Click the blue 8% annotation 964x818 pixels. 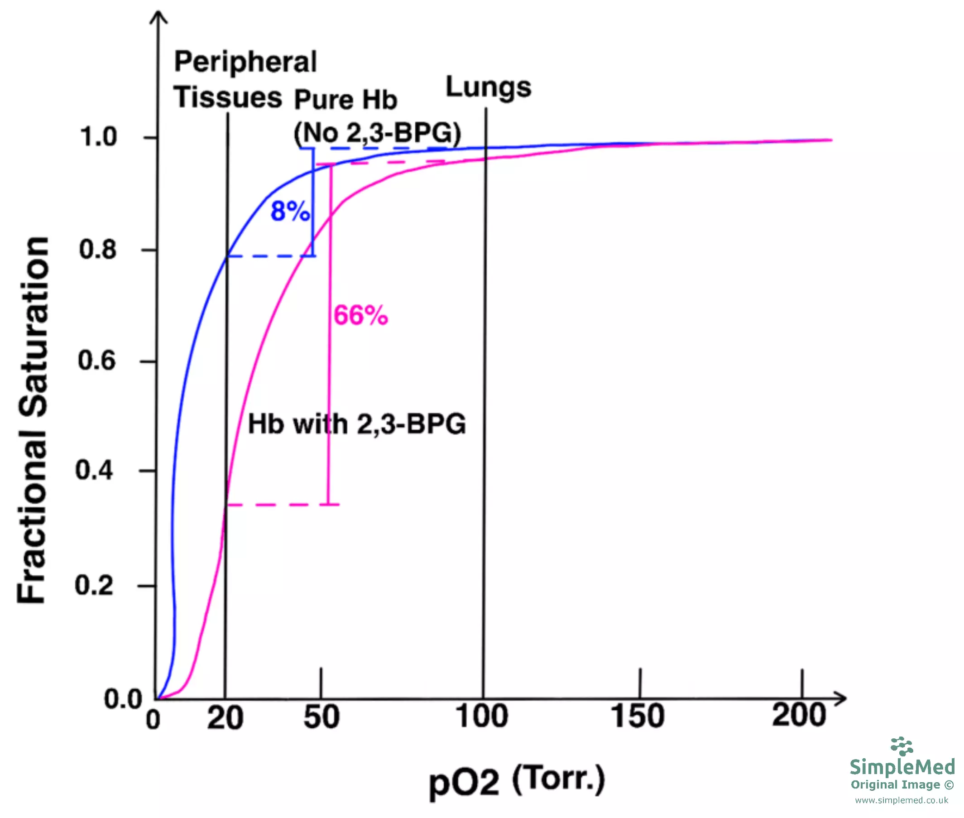pyautogui.click(x=290, y=212)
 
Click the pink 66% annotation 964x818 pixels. pyautogui.click(x=360, y=315)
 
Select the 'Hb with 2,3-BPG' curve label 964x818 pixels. pyautogui.click(x=357, y=424)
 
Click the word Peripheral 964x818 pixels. pyautogui.click(x=245, y=62)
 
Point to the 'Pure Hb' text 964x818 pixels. pyautogui.click(x=346, y=99)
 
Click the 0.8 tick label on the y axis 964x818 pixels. pyautogui.click(x=98, y=250)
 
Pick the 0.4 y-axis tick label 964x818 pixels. pyautogui.click(x=94, y=470)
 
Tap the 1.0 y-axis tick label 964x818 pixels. pyautogui.click(x=99, y=137)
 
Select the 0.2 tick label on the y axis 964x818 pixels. pyautogui.click(x=94, y=585)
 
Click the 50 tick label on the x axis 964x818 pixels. pyautogui.click(x=321, y=717)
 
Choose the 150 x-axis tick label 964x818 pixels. pyautogui.click(x=638, y=716)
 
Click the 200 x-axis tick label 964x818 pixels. pyautogui.click(x=799, y=715)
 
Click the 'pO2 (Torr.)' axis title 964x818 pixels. pyautogui.click(x=517, y=780)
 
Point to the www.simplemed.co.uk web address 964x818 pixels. pyautogui.click(x=902, y=800)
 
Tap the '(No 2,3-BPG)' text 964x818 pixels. pyautogui.click(x=377, y=133)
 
